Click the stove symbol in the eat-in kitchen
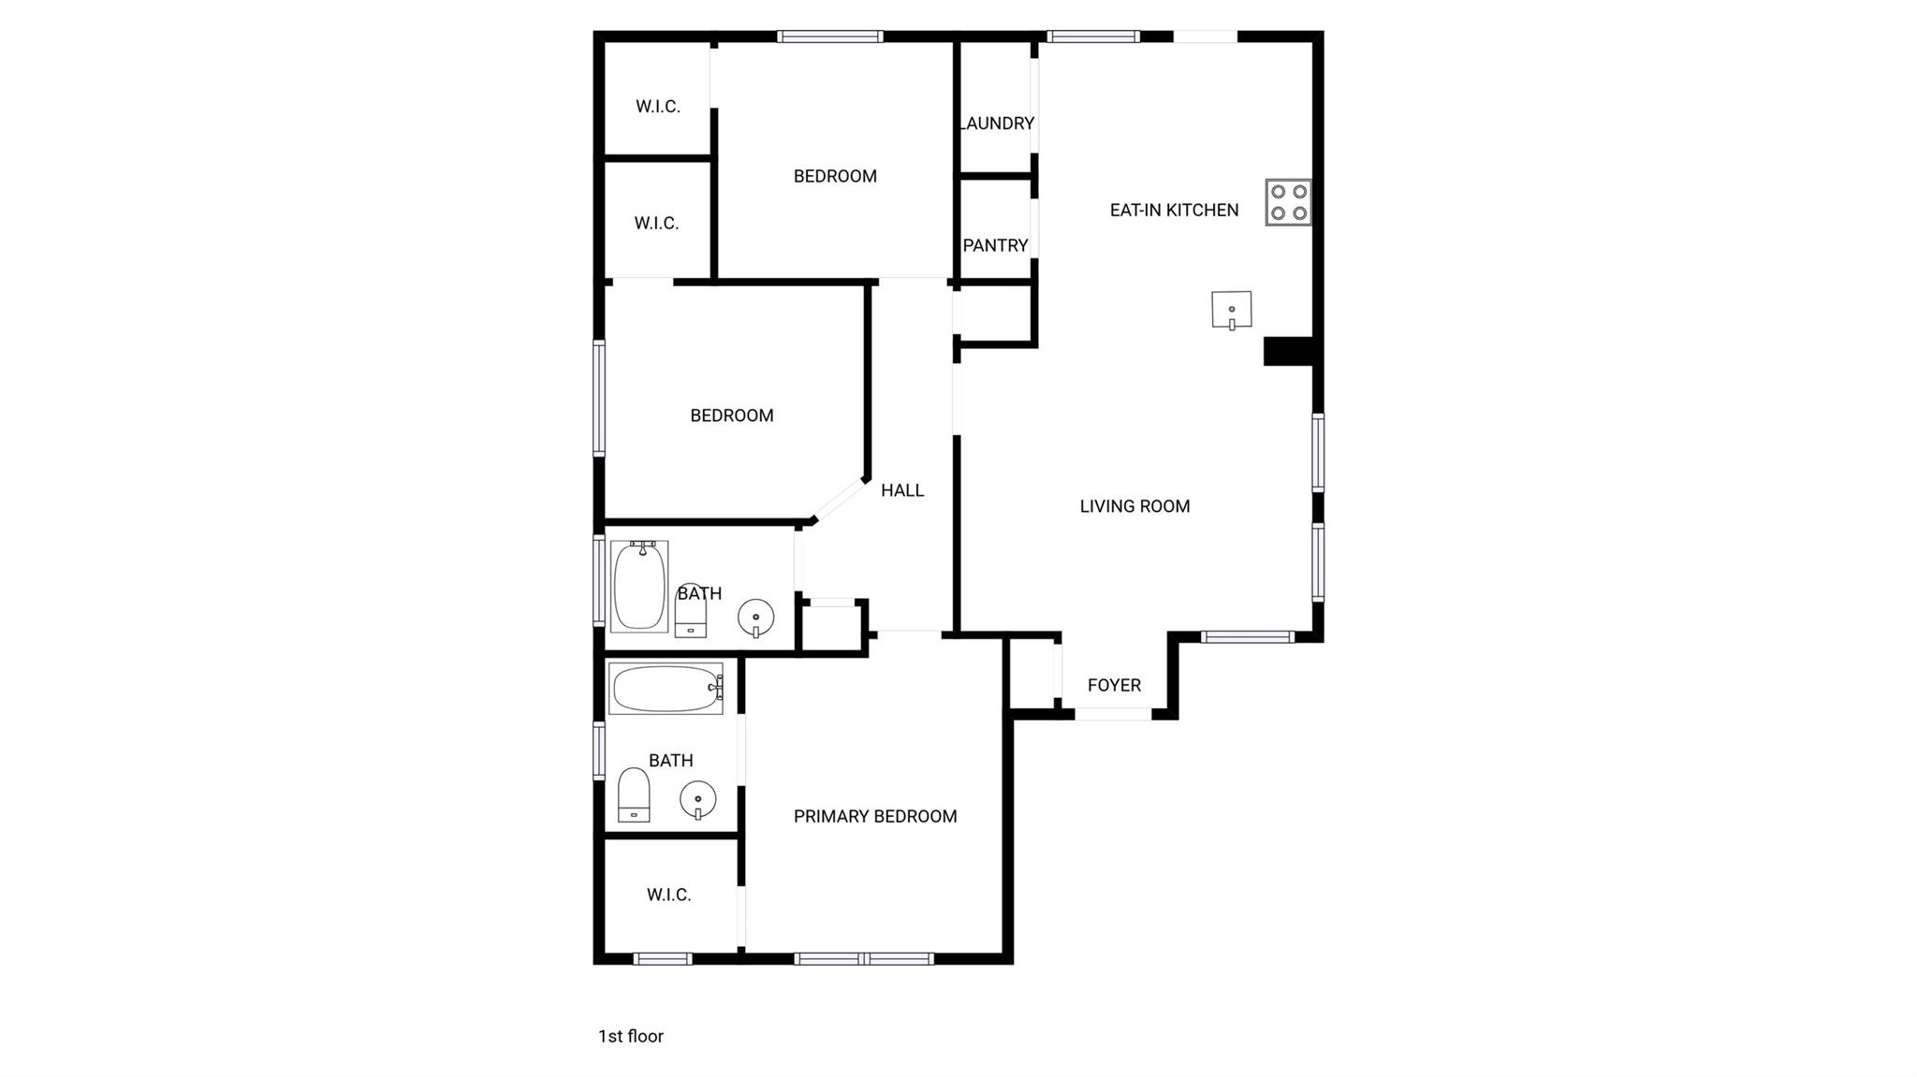pos(1288,202)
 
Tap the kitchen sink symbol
pos(1231,310)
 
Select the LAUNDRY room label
pos(997,124)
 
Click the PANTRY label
pos(995,245)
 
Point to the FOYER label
pos(1114,685)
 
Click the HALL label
pos(901,490)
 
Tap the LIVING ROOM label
pos(1134,506)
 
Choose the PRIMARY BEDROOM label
pos(875,816)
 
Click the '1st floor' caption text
pos(630,1036)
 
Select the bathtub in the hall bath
pos(639,586)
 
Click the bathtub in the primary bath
pos(666,689)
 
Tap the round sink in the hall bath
pos(755,618)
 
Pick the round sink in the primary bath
pos(697,800)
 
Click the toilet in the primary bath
pos(634,795)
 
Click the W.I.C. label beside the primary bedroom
pos(668,895)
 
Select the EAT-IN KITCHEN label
pos(1174,211)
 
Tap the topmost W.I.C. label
pos(657,107)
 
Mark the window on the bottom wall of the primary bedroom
pos(863,958)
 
